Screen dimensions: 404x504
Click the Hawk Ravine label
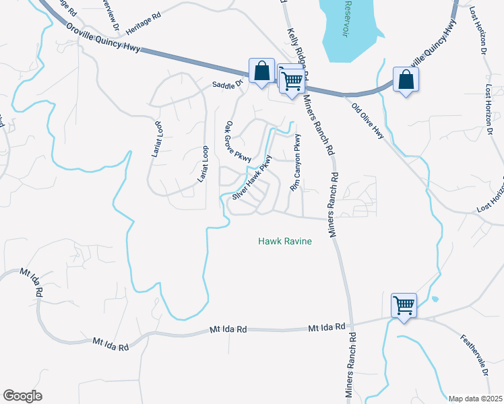(285, 241)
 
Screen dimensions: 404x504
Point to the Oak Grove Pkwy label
(238, 141)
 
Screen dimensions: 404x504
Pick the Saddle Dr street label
(226, 85)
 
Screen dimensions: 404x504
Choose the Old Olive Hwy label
(367, 119)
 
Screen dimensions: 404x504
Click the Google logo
(22, 396)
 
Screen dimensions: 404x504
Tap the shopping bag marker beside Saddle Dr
(261, 70)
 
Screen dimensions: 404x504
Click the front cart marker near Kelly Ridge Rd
(292, 81)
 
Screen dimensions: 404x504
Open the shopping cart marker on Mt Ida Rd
(404, 305)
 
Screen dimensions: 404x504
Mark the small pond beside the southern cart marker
(435, 298)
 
